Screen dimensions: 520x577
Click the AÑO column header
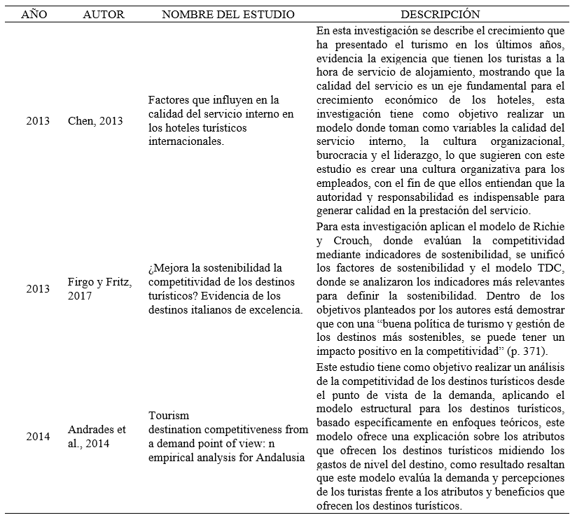pos(34,14)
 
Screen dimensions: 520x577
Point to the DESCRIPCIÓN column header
pos(440,14)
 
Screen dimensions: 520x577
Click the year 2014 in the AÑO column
pos(38,436)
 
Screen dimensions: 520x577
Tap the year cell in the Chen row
pos(38,121)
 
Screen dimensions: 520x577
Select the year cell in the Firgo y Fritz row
pos(38,288)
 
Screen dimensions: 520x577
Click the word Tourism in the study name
pos(169,415)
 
